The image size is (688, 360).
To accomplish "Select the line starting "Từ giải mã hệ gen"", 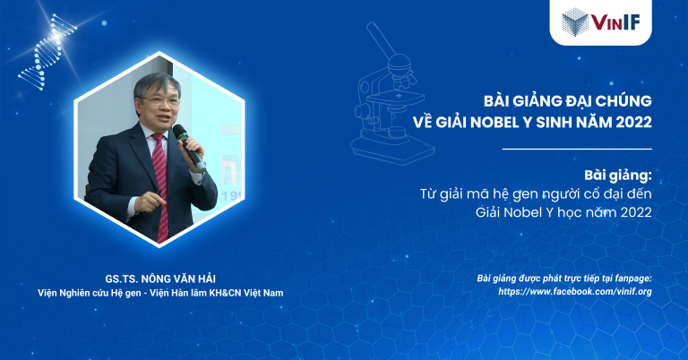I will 536,193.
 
